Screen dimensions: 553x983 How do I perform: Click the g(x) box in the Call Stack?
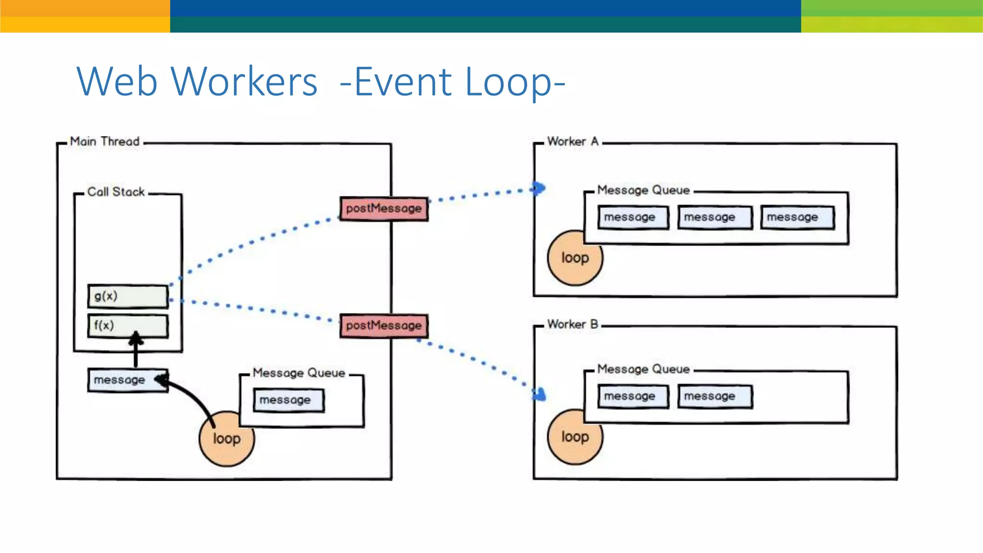(128, 296)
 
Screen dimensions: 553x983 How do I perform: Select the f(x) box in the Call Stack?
(128, 326)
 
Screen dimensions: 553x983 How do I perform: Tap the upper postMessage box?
(384, 209)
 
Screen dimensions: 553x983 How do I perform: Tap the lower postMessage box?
(384, 326)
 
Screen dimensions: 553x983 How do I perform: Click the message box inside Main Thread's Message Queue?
(288, 400)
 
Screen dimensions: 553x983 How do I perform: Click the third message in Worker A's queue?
(797, 217)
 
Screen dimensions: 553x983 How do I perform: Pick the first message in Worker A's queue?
(633, 217)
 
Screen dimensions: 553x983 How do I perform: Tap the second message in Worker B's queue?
(714, 397)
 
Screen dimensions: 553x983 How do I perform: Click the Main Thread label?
(105, 142)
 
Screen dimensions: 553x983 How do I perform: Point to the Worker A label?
(573, 142)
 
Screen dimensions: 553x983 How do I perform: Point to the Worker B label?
(572, 325)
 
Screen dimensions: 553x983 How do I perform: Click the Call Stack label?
(116, 192)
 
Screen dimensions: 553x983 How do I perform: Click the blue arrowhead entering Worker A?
(539, 188)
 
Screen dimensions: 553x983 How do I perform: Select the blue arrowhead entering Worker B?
(540, 395)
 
